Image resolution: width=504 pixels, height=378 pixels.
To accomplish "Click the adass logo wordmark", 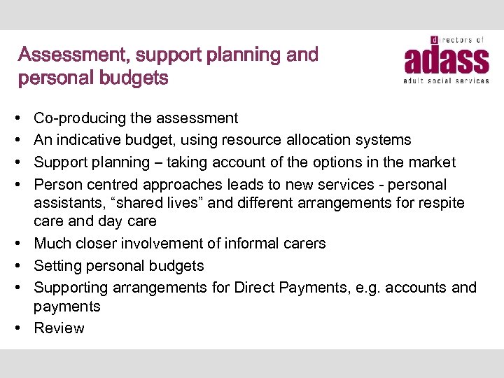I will coord(446,60).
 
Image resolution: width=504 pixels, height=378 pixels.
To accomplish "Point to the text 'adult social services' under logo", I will coord(446,81).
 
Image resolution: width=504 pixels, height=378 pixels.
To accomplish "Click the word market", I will coord(430,162).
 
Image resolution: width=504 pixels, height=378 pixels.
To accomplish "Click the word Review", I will coord(59,328).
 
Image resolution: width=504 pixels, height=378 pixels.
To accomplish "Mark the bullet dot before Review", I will coord(22,328).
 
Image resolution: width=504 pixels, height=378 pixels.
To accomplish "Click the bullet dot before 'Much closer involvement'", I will coord(22,244).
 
